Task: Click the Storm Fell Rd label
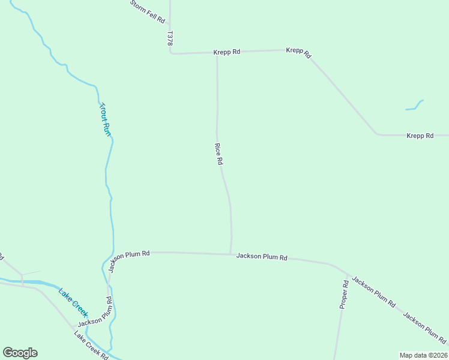[148, 11]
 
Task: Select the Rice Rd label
[219, 154]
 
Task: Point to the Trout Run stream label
[105, 119]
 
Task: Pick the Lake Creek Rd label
[91, 344]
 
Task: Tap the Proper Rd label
[344, 295]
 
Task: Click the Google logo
[20, 353]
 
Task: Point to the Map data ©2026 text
[423, 355]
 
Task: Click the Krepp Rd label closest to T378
[227, 52]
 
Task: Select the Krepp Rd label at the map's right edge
[420, 136]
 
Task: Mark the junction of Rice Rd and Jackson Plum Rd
[231, 254]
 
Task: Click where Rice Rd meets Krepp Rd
[217, 53]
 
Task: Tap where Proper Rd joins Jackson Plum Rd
[347, 274]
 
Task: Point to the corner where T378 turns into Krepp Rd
[171, 53]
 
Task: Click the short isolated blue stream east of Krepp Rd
[415, 106]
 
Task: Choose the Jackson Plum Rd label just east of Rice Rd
[262, 257]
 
